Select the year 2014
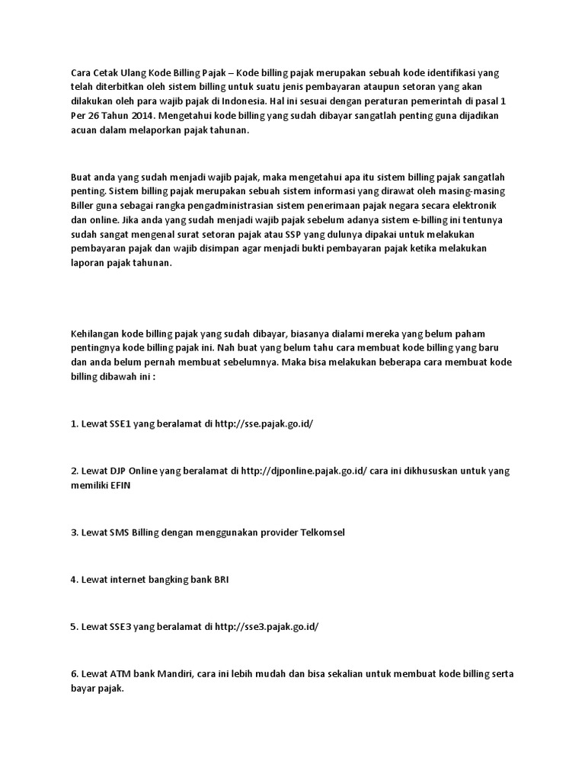coord(147,116)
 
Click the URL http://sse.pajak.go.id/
coord(265,424)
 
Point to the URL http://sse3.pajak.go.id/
coord(267,627)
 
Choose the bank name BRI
coord(220,579)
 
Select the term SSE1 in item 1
coord(117,424)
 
